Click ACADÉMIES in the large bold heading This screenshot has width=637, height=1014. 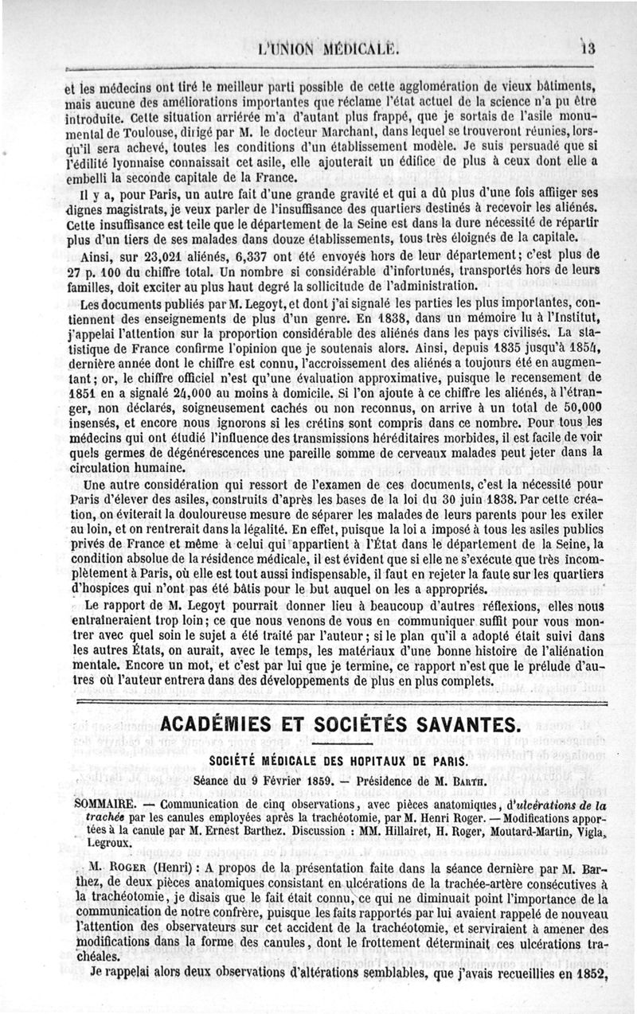[x=233, y=726]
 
